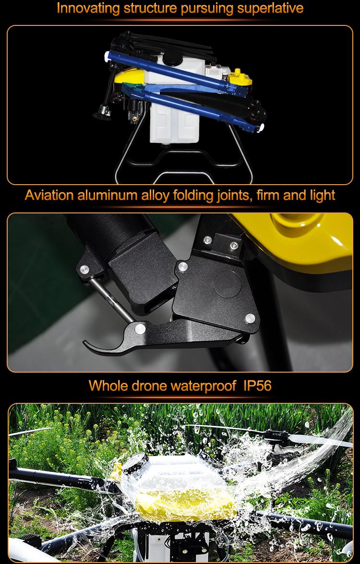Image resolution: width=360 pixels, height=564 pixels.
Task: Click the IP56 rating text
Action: (x=257, y=386)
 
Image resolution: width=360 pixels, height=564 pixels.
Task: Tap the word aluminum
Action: (x=108, y=195)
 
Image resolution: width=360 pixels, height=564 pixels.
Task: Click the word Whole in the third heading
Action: (x=107, y=386)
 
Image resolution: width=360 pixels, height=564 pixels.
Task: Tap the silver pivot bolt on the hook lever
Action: (x=140, y=329)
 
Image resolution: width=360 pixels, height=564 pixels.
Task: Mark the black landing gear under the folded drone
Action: (x=183, y=160)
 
